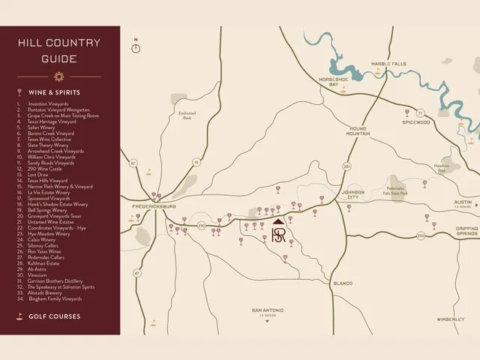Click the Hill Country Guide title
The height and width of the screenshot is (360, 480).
(x=59, y=50)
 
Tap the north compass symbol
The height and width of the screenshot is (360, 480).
(x=136, y=47)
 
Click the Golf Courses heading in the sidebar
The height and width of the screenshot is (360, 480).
(x=54, y=316)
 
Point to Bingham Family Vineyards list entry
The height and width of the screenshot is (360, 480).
(x=55, y=298)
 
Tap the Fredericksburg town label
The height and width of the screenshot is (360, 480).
(x=154, y=205)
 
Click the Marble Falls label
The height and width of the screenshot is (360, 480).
(x=388, y=64)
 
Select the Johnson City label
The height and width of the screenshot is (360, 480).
(x=353, y=194)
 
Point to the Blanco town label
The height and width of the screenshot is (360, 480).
(x=342, y=283)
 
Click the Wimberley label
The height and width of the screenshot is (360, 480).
(x=451, y=319)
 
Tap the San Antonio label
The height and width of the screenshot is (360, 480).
(x=267, y=310)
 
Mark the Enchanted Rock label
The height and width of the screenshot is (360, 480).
(x=187, y=115)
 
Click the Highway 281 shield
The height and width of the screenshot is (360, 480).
(x=347, y=166)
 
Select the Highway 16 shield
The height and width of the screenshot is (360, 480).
(x=196, y=161)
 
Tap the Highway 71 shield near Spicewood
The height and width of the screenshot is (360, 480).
(x=421, y=113)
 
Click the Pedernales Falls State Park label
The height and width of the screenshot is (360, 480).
(x=395, y=190)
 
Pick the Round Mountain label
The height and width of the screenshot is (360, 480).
(x=358, y=131)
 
